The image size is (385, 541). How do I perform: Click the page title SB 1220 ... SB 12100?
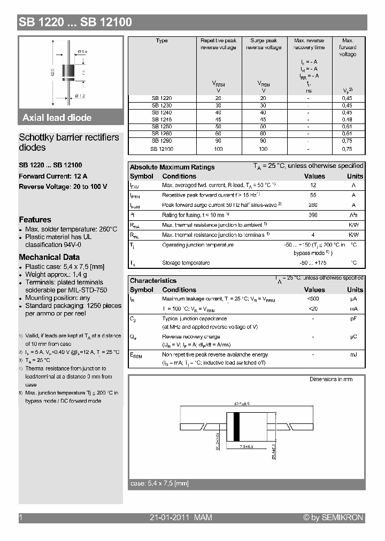tap(75, 22)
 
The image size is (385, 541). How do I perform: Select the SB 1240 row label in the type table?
tap(161, 113)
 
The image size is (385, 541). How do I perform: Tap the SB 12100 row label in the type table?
tap(161, 149)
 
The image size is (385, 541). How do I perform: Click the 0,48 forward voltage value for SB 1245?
tap(347, 120)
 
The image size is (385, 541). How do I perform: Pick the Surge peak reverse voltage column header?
tap(264, 44)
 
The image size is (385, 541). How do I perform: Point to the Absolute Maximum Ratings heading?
tap(172, 167)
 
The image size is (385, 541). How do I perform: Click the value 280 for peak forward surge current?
tap(313, 205)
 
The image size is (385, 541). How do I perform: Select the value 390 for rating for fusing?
tap(313, 215)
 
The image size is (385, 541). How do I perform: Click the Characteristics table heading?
tap(153, 281)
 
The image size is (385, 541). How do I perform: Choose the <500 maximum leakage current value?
tap(313, 299)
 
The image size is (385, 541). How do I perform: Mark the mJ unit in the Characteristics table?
tap(353, 355)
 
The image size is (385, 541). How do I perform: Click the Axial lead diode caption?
tap(57, 118)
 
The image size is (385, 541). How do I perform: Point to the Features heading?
tap(35, 220)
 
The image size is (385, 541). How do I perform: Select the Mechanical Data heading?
tap(49, 257)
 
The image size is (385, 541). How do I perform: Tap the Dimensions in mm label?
tap(331, 379)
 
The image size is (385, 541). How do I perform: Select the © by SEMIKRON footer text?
tap(333, 517)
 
